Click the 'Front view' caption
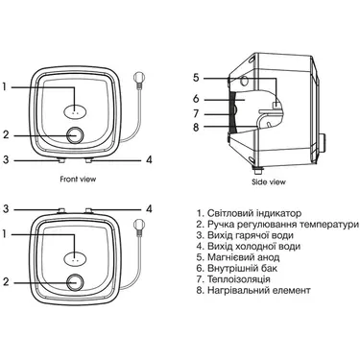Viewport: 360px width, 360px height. [78, 179]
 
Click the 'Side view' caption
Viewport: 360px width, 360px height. [269, 182]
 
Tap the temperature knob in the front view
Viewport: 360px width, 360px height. [76, 135]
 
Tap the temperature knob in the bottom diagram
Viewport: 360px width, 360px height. [76, 283]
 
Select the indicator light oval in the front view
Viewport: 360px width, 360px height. [75, 112]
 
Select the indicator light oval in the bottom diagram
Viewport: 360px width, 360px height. [75, 259]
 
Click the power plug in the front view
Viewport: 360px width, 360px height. [138, 80]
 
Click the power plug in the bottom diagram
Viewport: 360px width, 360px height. [138, 227]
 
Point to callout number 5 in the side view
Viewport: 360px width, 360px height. [196, 78]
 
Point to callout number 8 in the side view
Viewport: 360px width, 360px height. [196, 128]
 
